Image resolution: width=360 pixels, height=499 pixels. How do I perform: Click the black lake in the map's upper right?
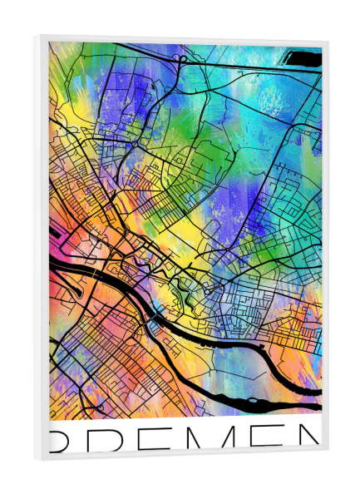pos(304,58)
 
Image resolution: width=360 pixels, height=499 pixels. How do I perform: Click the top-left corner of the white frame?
pos(37,36)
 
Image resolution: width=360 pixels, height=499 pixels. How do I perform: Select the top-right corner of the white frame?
pos(327,40)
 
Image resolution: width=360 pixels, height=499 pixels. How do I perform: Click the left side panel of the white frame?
pos(42,249)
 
